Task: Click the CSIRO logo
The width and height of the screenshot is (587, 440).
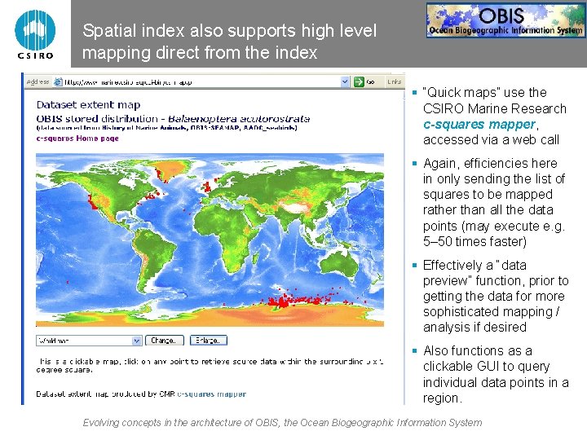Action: [x=35, y=33]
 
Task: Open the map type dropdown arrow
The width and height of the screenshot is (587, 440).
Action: [x=136, y=341]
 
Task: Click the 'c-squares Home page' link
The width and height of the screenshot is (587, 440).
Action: [x=77, y=139]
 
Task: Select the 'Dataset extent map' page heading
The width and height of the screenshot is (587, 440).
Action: [x=88, y=104]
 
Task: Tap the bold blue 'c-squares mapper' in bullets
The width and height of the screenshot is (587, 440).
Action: [x=479, y=124]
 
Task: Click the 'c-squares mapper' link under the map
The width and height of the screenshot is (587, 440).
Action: [x=211, y=394]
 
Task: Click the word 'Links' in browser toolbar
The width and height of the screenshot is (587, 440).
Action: [x=395, y=81]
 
